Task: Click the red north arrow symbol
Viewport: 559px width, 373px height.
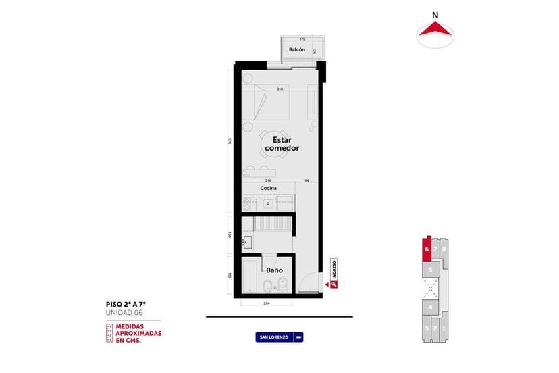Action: tap(435, 30)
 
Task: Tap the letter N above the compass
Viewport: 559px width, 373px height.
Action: tap(435, 14)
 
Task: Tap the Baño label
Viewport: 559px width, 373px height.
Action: tap(273, 270)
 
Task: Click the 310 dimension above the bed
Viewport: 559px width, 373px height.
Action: tap(279, 89)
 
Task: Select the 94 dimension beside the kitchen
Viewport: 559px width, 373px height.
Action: tap(307, 181)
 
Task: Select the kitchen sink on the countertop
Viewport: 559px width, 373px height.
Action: tap(268, 202)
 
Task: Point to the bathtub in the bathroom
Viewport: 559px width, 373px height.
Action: tap(249, 276)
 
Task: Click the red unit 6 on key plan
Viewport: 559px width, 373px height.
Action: tap(427, 249)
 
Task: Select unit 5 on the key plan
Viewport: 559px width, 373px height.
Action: tap(430, 268)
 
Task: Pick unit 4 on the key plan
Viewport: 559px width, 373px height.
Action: tap(430, 308)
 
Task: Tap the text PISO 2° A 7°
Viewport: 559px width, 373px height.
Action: tap(126, 305)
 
